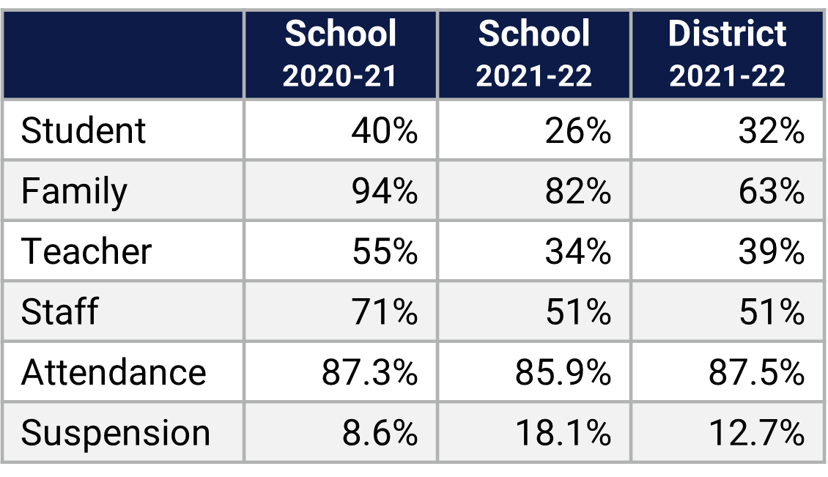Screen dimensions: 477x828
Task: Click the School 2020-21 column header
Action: pyautogui.click(x=340, y=55)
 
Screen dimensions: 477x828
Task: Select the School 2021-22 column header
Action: pyautogui.click(x=533, y=55)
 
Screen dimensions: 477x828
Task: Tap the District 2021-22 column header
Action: pyautogui.click(x=727, y=55)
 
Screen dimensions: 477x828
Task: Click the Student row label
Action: pyautogui.click(x=84, y=131)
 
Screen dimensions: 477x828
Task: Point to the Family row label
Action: pyautogui.click(x=74, y=192)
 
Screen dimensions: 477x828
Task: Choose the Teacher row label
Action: pyautogui.click(x=86, y=252)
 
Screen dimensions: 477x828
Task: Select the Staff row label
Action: pyautogui.click(x=59, y=312)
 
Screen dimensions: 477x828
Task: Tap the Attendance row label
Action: pyautogui.click(x=114, y=372)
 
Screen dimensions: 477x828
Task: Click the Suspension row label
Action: pyautogui.click(x=115, y=433)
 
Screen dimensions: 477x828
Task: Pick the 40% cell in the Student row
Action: pyautogui.click(x=385, y=131)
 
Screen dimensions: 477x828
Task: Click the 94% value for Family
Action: pyautogui.click(x=385, y=192)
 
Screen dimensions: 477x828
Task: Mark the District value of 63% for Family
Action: pyautogui.click(x=772, y=192)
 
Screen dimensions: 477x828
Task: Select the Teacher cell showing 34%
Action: pyautogui.click(x=578, y=252)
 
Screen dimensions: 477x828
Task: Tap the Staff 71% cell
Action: pyautogui.click(x=385, y=312)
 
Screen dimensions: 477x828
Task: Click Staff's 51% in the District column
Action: pyautogui.click(x=772, y=312)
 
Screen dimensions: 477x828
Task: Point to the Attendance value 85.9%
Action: pyautogui.click(x=563, y=372)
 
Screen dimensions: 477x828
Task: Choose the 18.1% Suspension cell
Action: pyautogui.click(x=563, y=433)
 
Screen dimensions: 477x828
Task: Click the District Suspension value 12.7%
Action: pyautogui.click(x=756, y=433)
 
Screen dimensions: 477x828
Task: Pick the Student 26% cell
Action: pyautogui.click(x=578, y=131)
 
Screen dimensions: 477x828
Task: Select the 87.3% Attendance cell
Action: pyautogui.click(x=369, y=372)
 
